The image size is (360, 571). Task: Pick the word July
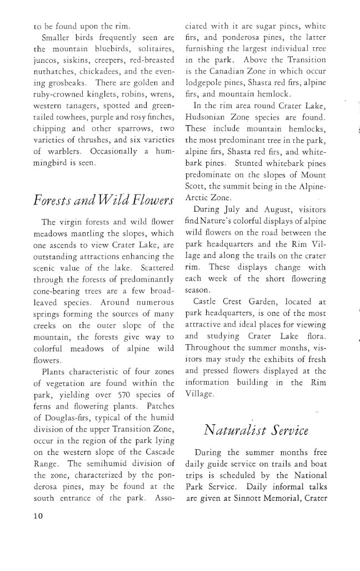coord(244,210)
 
